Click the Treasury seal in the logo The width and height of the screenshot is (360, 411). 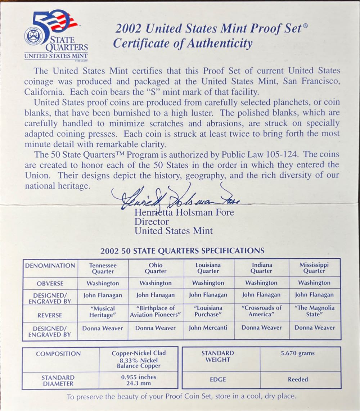(x=34, y=36)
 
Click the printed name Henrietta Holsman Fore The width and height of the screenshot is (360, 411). (x=184, y=212)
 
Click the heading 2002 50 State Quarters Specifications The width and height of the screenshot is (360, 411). (x=182, y=251)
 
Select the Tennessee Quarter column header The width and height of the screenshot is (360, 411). (x=103, y=268)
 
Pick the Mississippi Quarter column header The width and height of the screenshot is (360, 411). (x=314, y=268)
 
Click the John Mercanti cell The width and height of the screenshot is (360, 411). (x=208, y=328)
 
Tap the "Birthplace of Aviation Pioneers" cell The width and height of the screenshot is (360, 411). (x=156, y=311)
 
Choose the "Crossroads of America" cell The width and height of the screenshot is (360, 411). (x=262, y=311)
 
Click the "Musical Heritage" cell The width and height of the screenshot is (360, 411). (x=103, y=312)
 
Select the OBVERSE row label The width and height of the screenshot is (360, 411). (x=50, y=284)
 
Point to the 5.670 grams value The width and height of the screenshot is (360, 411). (x=298, y=353)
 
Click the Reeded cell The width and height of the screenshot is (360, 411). (x=298, y=379)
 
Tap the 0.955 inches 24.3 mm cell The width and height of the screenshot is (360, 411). (x=139, y=380)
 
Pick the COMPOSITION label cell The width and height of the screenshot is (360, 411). (x=58, y=354)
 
